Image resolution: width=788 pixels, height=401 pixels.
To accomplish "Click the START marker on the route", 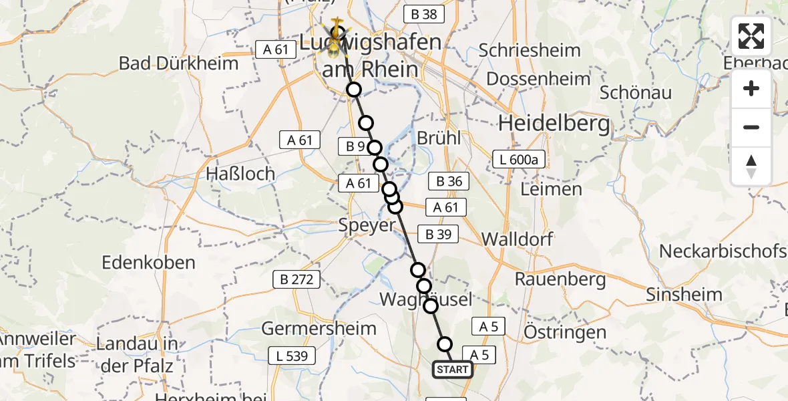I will click(x=453, y=370).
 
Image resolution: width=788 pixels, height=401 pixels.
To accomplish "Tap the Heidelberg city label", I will click(x=554, y=123).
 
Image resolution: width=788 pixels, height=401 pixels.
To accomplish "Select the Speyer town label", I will click(x=367, y=225).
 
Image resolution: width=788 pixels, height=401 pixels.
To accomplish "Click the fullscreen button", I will click(x=751, y=36).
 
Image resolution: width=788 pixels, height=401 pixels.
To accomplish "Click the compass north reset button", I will click(x=751, y=166).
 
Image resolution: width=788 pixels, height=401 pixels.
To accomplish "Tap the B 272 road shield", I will click(x=296, y=281).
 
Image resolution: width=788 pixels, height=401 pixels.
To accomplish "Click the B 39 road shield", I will click(x=438, y=234).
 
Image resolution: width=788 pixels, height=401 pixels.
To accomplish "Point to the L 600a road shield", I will click(x=518, y=160).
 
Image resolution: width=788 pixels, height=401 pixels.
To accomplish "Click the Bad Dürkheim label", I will click(x=178, y=63).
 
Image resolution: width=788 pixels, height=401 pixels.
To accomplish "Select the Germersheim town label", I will click(x=319, y=328).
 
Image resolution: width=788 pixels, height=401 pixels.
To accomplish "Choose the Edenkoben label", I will click(x=148, y=262).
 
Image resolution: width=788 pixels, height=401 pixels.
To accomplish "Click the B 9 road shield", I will click(x=356, y=146).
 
